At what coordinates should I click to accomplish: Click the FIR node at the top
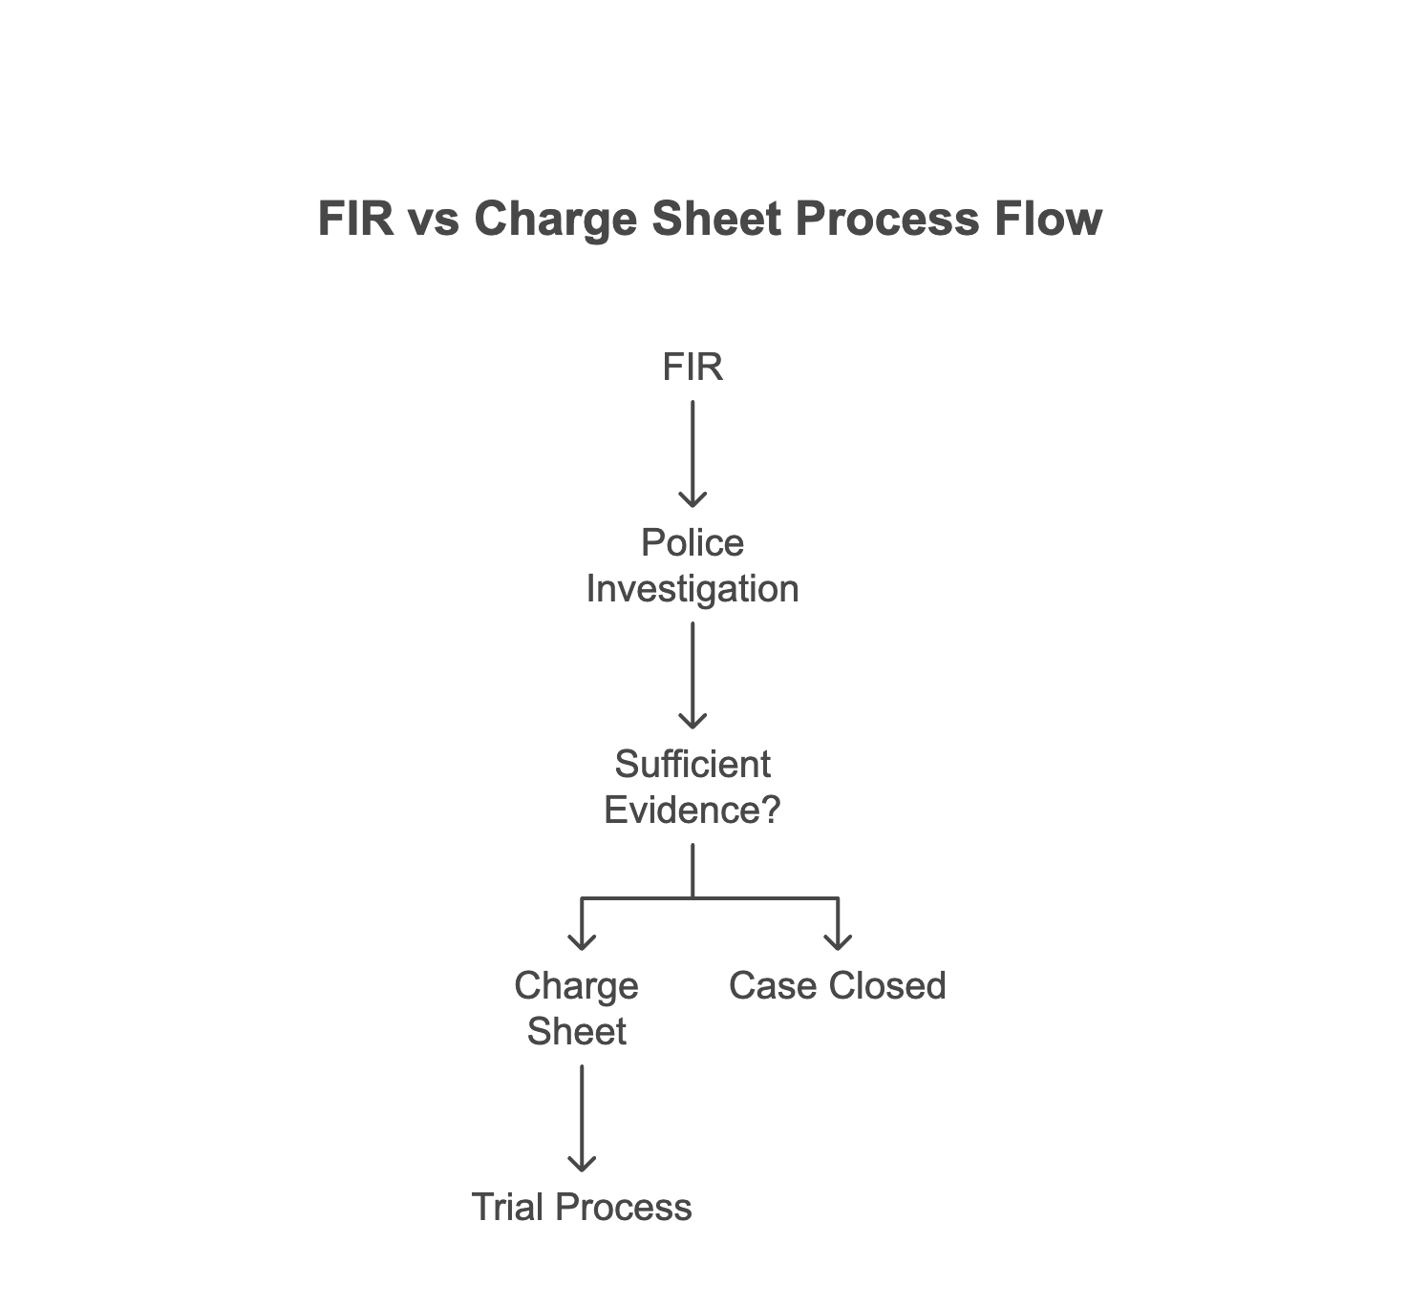[x=693, y=368]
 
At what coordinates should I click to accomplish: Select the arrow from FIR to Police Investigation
[x=693, y=453]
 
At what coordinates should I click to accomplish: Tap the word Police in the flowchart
[x=693, y=543]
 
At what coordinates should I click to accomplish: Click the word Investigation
[x=693, y=589]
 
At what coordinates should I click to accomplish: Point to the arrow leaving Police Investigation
[x=693, y=675]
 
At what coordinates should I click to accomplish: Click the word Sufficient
[x=693, y=765]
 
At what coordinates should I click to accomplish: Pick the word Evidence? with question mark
[x=693, y=811]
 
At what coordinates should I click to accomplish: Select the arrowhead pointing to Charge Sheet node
[x=582, y=940]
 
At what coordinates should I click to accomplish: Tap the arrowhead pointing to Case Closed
[x=838, y=940]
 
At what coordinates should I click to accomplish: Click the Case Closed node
[x=837, y=986]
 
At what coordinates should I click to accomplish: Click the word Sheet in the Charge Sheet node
[x=576, y=1032]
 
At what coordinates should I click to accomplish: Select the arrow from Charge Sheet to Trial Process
[x=582, y=1117]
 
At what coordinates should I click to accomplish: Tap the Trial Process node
[x=582, y=1208]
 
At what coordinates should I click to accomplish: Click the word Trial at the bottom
[x=508, y=1208]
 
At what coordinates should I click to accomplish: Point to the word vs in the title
[x=435, y=219]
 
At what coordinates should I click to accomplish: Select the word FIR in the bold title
[x=355, y=219]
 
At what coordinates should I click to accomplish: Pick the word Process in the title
[x=886, y=219]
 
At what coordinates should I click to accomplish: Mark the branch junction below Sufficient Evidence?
[x=693, y=897]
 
